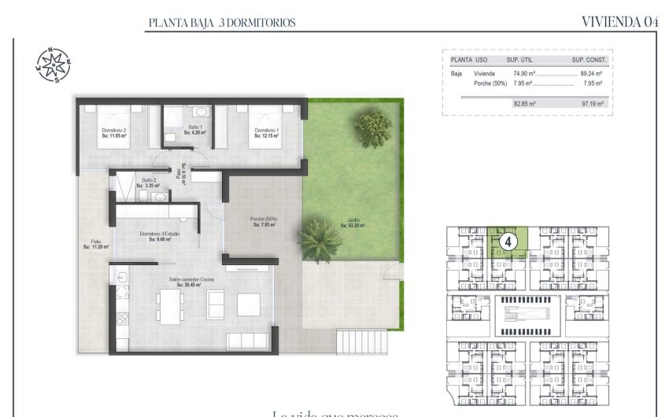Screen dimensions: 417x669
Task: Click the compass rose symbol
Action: click(53, 65)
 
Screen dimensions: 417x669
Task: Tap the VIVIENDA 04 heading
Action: click(619, 22)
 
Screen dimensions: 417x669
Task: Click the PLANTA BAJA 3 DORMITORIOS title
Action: click(222, 23)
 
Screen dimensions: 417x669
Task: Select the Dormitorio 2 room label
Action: click(114, 133)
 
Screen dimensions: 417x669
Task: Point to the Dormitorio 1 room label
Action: click(266, 133)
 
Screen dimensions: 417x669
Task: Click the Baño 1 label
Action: click(195, 130)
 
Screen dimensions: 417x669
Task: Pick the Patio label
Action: click(96, 245)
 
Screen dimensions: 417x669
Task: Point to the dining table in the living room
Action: click(169, 305)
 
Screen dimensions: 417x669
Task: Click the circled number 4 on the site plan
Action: click(508, 241)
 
